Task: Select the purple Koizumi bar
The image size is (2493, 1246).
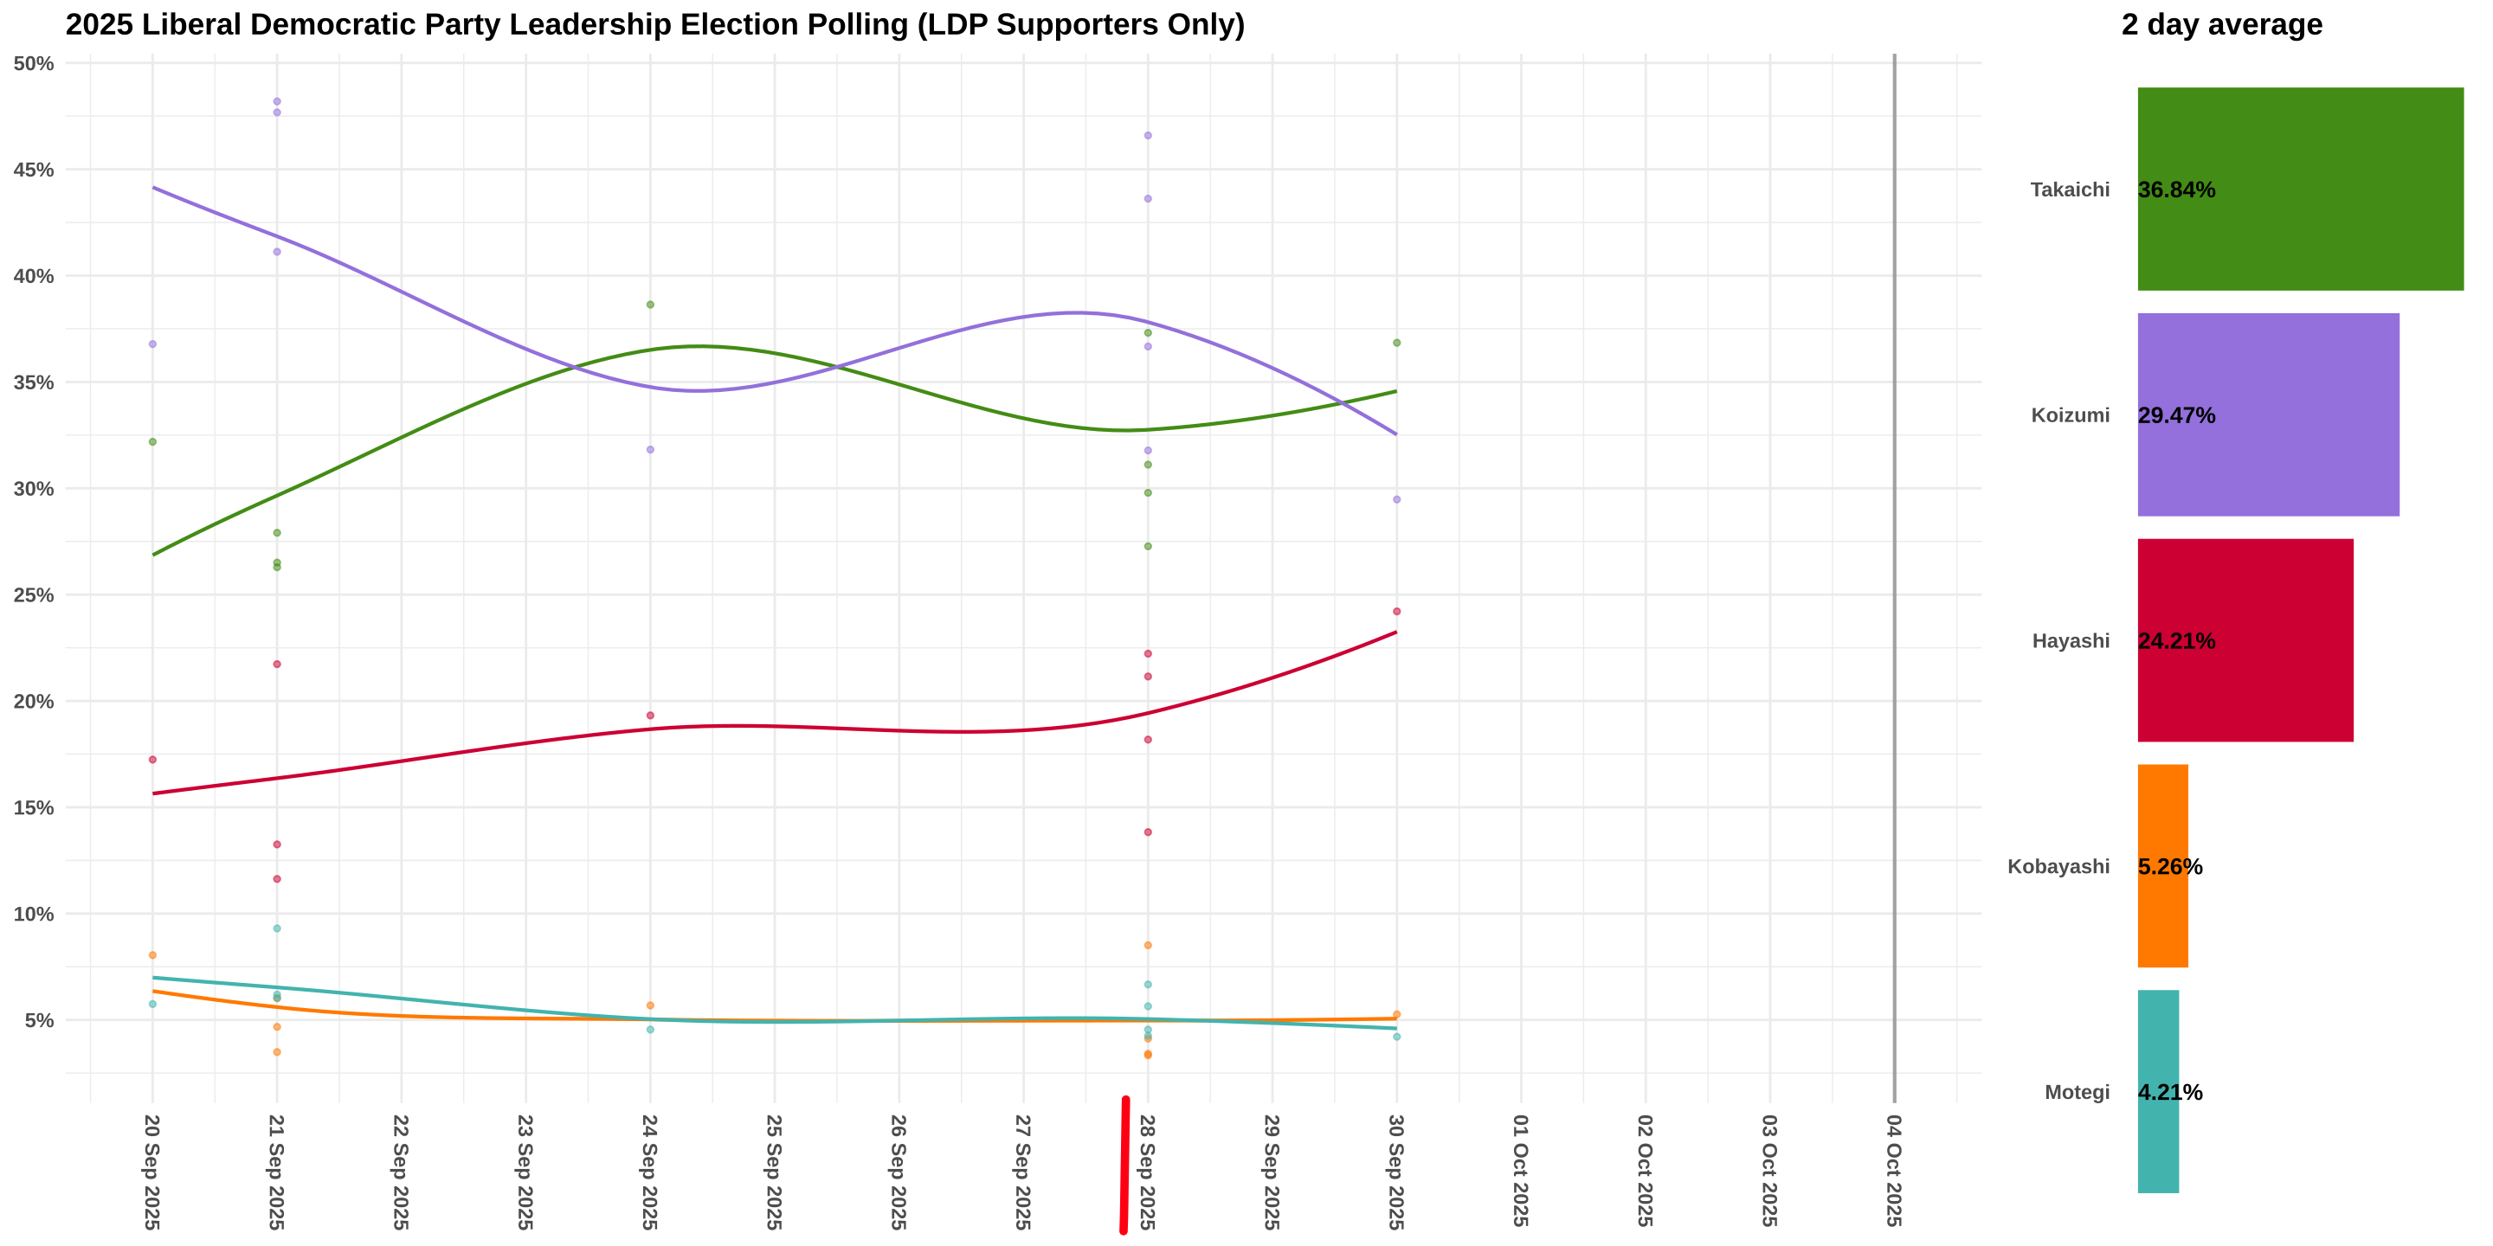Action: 2268,414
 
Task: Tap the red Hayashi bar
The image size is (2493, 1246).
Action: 2245,639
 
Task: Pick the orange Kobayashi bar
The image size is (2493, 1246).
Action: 2163,865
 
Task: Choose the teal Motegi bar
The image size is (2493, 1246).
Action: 2158,1091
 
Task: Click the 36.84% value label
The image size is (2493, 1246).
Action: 2176,189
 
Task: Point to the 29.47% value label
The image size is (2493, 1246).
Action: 2176,415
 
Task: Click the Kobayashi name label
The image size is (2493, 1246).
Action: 2058,866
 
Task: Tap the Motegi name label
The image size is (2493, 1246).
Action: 2076,1092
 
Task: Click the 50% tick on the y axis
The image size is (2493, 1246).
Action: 34,64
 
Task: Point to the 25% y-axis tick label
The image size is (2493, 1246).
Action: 34,595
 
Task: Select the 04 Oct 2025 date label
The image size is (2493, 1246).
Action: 1893,1171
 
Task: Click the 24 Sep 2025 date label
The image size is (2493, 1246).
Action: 649,1171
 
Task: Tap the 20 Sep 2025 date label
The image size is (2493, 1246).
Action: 152,1171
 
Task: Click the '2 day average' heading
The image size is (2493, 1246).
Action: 2221,24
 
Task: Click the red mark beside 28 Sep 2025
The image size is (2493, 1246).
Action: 1124,1165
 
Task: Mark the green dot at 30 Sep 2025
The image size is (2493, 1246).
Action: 1396,343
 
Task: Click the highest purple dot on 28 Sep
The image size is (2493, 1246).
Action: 1148,136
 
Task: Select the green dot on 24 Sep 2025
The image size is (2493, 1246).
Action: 650,305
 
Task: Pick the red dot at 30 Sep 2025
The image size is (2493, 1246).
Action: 1396,612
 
